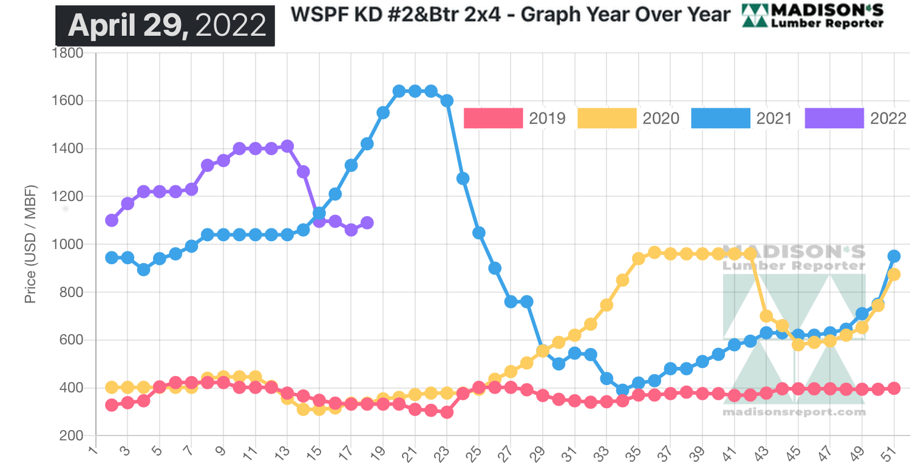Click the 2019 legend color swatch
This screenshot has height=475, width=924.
[x=493, y=118]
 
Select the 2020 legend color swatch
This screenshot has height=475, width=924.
[x=606, y=118]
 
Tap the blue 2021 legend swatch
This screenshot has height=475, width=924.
[x=721, y=118]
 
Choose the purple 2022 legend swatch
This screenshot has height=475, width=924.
[x=834, y=118]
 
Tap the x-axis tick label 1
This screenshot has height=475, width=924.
[x=93, y=453]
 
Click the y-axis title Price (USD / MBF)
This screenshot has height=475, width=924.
[x=30, y=244]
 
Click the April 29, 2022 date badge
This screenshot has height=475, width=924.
[x=165, y=25]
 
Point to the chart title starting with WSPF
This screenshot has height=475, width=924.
[x=510, y=14]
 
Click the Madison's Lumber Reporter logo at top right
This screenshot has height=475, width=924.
[x=813, y=15]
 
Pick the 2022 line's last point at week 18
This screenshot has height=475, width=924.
[x=367, y=223]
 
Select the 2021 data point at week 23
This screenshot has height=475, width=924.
[x=447, y=101]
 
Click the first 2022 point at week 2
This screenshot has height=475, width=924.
[x=112, y=220]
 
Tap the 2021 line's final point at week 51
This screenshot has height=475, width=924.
[x=894, y=256]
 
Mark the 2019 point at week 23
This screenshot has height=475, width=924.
[x=447, y=412]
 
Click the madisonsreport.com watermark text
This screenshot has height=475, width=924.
[x=793, y=412]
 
